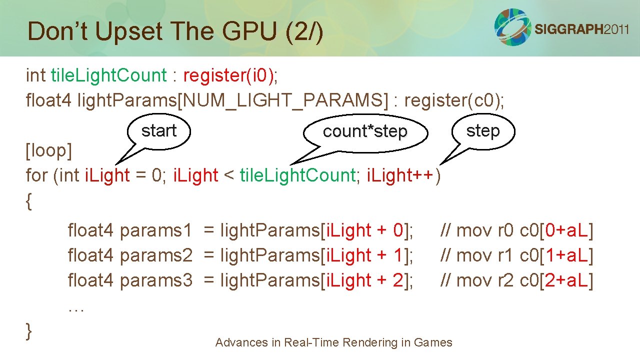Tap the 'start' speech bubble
coord(159,131)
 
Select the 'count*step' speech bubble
coord(365,132)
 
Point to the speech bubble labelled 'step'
coord(483,131)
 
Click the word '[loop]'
coord(49,150)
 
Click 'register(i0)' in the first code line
coord(228,75)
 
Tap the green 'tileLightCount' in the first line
coord(108,75)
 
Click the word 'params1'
coord(156,230)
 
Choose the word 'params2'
coord(156,255)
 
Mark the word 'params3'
coord(156,280)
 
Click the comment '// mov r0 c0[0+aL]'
coord(516,230)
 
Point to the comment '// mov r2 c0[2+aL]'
coord(516,280)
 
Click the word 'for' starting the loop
coord(37,175)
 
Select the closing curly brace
coord(29,330)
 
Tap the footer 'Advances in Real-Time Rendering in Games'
coord(333,342)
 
